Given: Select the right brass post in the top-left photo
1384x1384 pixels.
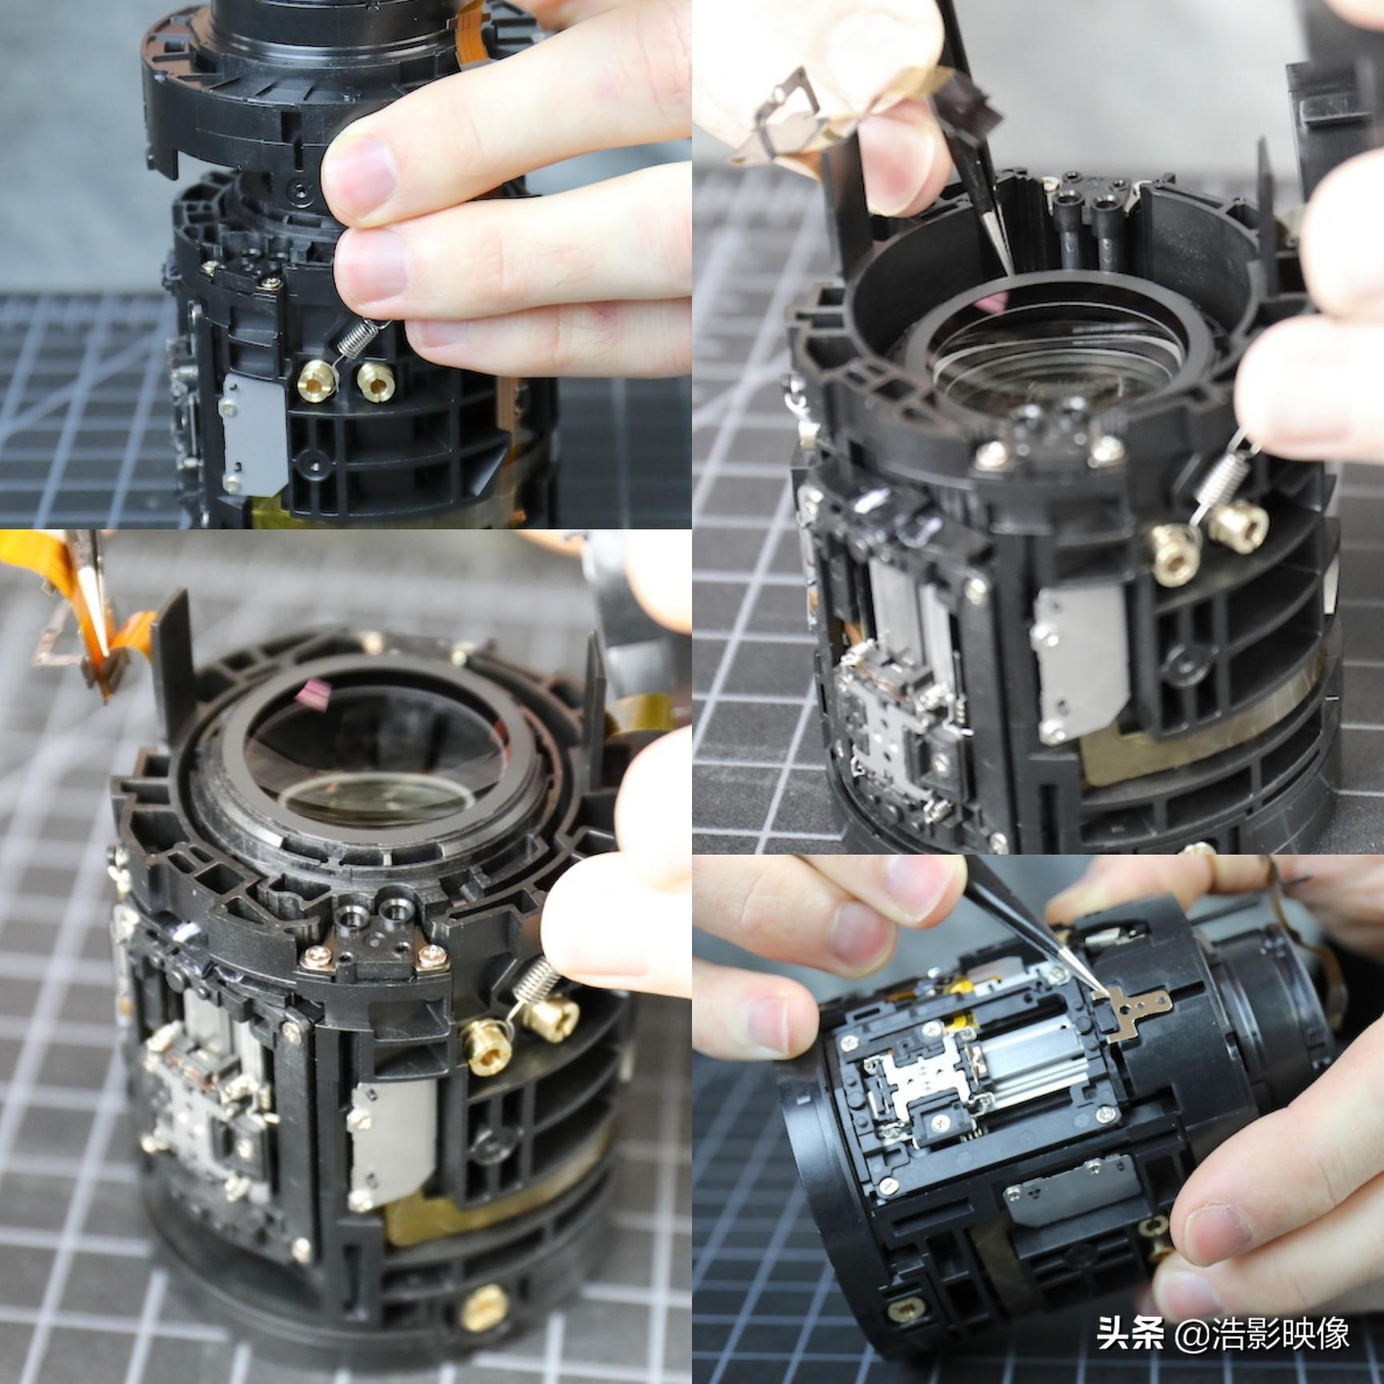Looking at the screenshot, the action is point(375,381).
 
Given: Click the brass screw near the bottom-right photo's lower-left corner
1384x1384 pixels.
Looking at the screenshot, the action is point(905,1312).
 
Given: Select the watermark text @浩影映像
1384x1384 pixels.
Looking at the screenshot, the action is point(1261,1334).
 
